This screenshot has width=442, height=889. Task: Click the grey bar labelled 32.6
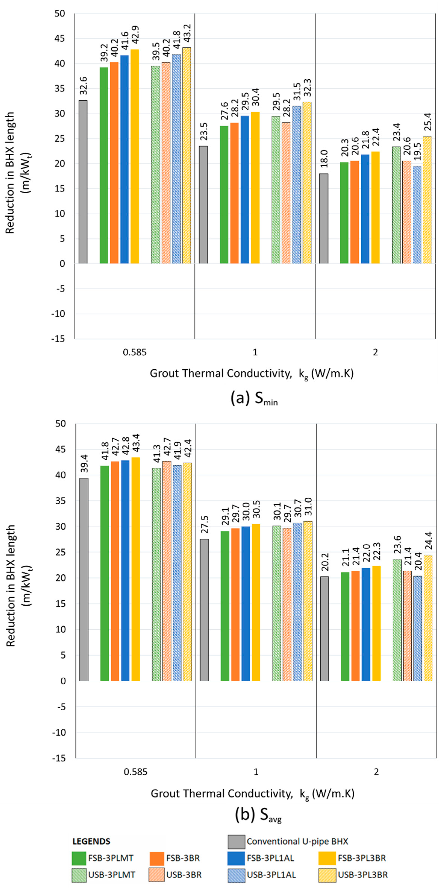[83, 182]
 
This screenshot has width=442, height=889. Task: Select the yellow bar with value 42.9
[135, 156]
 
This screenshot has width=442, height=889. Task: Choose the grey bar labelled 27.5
[204, 610]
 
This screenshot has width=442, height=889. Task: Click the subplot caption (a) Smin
[254, 399]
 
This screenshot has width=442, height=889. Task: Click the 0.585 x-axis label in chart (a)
[135, 352]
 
